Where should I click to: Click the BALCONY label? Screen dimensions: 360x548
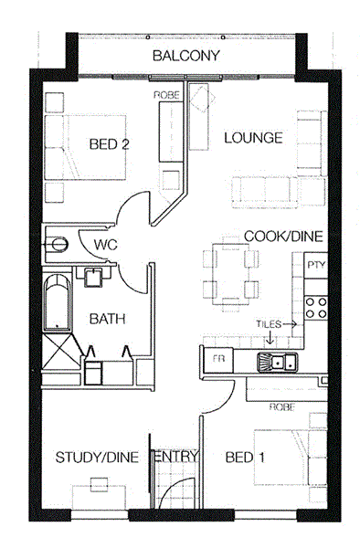pyautogui.click(x=186, y=56)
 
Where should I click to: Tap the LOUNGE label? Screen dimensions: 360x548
pyautogui.click(x=253, y=138)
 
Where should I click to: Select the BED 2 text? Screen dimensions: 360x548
pyautogui.click(x=110, y=144)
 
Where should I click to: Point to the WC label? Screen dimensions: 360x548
pyautogui.click(x=105, y=245)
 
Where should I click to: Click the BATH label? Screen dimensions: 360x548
pyautogui.click(x=107, y=319)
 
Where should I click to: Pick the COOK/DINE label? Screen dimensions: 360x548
pyautogui.click(x=283, y=237)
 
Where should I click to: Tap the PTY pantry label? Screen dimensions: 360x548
pyautogui.click(x=316, y=265)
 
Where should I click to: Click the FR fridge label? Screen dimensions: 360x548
pyautogui.click(x=218, y=359)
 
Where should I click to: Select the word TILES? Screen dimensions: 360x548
pyautogui.click(x=269, y=324)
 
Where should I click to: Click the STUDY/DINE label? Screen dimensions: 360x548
pyautogui.click(x=97, y=458)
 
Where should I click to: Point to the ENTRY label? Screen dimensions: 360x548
pyautogui.click(x=175, y=457)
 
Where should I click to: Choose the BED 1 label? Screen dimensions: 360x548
pyautogui.click(x=245, y=458)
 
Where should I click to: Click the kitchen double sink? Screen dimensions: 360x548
pyautogui.click(x=278, y=362)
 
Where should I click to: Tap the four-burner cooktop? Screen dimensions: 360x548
pyautogui.click(x=316, y=308)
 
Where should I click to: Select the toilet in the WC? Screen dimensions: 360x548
pyautogui.click(x=56, y=244)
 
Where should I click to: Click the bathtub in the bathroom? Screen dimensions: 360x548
pyautogui.click(x=58, y=302)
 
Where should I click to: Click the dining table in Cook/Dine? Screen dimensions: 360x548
pyautogui.click(x=231, y=273)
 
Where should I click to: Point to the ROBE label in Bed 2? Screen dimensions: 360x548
pyautogui.click(x=166, y=95)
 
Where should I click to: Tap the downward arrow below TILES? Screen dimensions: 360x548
pyautogui.click(x=270, y=336)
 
